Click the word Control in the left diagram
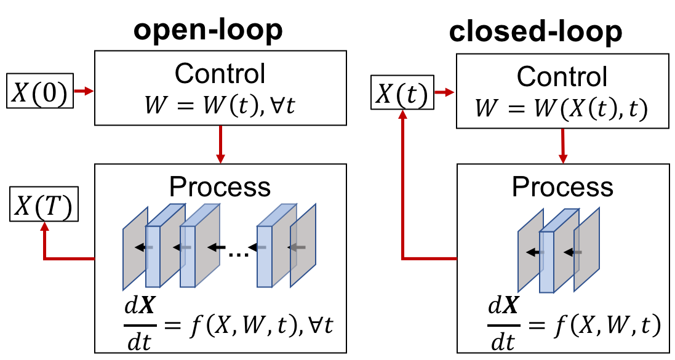220,73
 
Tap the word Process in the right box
562,187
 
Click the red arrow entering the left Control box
84,92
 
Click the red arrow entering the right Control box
444,92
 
